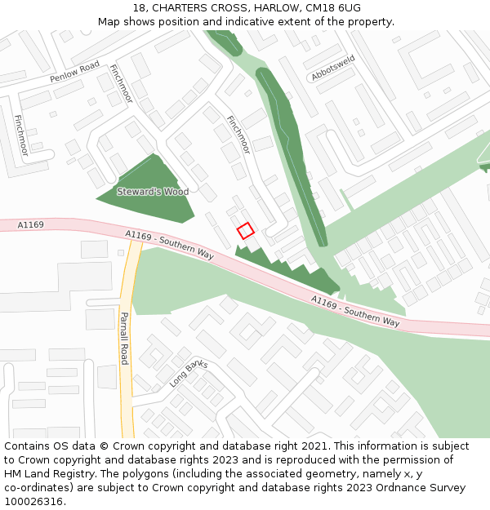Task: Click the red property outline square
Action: click(x=245, y=231)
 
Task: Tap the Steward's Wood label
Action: click(x=153, y=192)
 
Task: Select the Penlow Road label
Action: click(x=74, y=72)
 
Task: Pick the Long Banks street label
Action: click(x=189, y=374)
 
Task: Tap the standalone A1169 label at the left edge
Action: click(x=30, y=224)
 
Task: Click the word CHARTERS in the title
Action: click(x=179, y=8)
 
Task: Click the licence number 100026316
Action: click(x=33, y=501)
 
